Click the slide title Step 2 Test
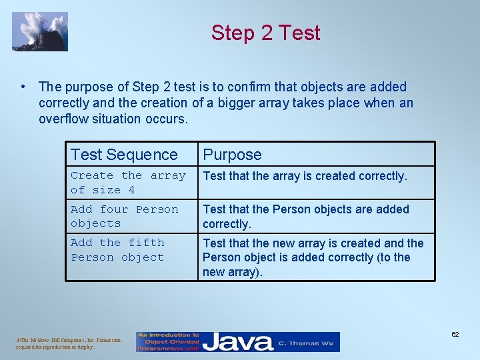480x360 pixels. [x=265, y=33]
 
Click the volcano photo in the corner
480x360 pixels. [x=40, y=31]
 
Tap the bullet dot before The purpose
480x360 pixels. [x=23, y=87]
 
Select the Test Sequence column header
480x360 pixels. [x=124, y=155]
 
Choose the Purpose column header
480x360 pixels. [x=232, y=155]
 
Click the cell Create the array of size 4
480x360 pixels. [x=128, y=183]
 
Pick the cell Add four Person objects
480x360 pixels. [x=124, y=216]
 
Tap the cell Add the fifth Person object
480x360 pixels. [x=117, y=250]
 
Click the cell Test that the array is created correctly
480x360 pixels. [x=305, y=176]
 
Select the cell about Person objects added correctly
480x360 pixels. [x=306, y=216]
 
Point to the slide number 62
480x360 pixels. [x=455, y=334]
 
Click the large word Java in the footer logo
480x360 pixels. [x=237, y=343]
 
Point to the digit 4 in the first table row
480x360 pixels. [x=131, y=190]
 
